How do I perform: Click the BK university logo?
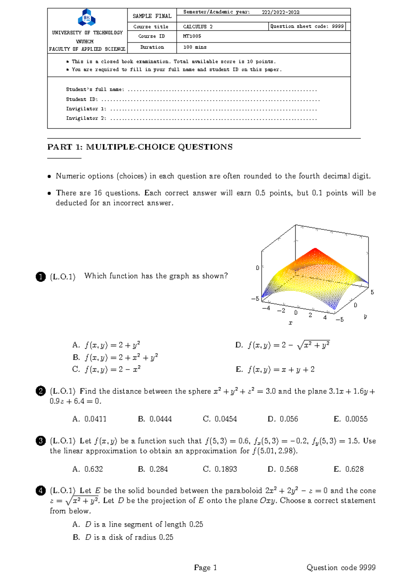87,18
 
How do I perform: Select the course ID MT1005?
192,36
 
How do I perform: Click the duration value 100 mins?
195,47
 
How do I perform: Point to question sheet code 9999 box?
307,26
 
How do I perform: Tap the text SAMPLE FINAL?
152,16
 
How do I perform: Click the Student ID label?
82,99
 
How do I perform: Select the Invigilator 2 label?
86,118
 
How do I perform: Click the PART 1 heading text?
140,147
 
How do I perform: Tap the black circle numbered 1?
40,276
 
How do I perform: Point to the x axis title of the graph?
290,323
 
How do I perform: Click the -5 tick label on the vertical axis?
255,299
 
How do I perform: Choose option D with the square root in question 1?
282,345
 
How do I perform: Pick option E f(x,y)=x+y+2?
275,369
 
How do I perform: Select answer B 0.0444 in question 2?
155,419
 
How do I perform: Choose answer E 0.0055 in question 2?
350,419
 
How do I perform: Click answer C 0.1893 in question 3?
220,469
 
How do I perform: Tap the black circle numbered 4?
40,491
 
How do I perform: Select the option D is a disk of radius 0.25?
123,537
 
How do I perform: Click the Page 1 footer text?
205,568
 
